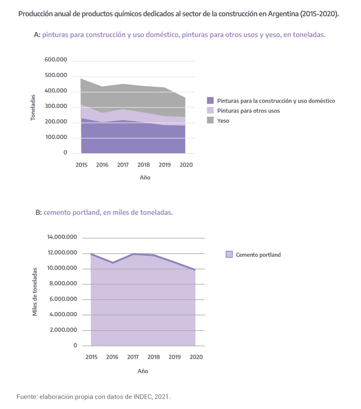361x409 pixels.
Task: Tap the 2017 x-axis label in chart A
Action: (123, 165)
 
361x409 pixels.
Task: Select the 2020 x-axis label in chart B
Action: (196, 357)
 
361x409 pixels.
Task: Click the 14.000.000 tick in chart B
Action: (62, 237)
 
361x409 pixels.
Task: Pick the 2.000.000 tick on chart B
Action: (64, 330)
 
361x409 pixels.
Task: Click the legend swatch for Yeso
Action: (210, 120)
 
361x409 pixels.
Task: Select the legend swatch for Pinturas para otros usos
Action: (210, 110)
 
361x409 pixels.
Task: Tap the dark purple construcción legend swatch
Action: (210, 101)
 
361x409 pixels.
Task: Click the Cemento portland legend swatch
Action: (229, 255)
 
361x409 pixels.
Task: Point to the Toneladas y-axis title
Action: (33, 107)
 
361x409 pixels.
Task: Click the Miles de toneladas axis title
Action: (34, 291)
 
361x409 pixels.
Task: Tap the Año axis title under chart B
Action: (142, 371)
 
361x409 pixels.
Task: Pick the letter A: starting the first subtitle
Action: (37, 35)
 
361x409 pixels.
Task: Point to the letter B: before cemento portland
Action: (39, 213)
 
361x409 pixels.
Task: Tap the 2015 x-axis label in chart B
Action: (91, 357)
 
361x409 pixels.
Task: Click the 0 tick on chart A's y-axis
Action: (65, 153)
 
